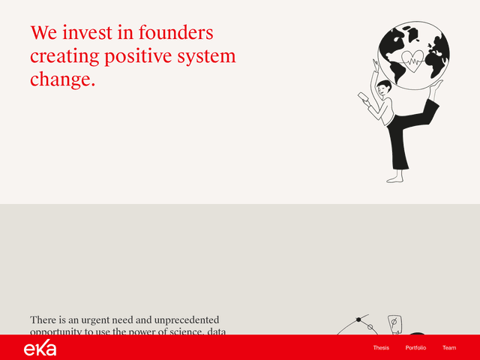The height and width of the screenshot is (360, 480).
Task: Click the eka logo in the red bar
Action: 40,348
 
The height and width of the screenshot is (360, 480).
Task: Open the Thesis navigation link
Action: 381,348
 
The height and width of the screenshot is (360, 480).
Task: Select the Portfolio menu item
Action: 415,348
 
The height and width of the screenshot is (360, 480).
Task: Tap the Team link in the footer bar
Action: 449,348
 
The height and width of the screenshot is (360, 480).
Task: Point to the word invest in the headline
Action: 91,33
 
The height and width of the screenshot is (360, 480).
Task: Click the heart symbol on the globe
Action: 412,59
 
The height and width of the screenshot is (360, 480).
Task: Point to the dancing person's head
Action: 384,88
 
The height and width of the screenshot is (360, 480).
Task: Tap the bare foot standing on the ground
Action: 394,178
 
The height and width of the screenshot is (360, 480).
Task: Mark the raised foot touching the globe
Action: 436,88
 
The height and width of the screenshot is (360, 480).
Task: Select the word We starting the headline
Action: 43,33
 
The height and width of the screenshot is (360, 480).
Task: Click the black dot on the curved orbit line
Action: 358,320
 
